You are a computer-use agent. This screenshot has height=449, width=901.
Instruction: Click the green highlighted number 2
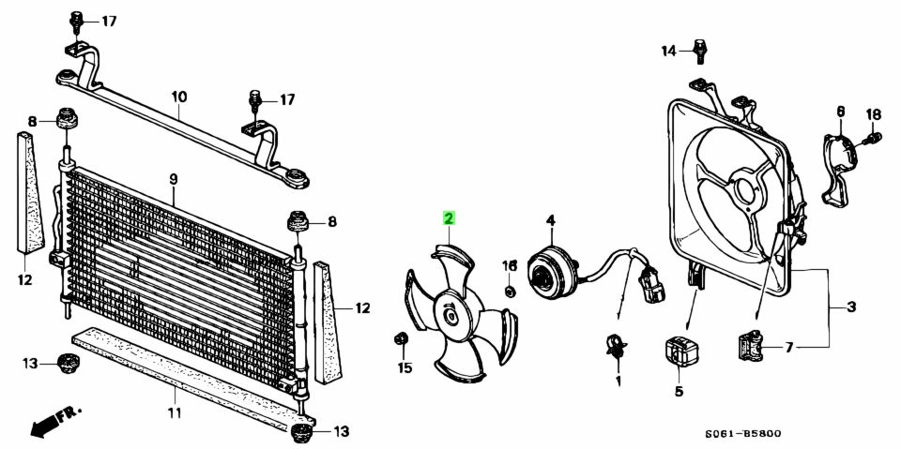[x=449, y=218]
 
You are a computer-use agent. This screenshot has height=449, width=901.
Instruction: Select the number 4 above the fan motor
[x=551, y=220]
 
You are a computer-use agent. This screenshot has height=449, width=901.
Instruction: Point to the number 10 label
[x=179, y=97]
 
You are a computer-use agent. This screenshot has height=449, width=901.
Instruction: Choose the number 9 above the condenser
[x=174, y=180]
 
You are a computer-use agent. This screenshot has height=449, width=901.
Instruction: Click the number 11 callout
[x=175, y=412]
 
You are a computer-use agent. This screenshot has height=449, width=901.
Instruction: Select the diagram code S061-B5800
[x=743, y=434]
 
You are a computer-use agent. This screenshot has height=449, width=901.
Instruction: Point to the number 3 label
[x=851, y=307]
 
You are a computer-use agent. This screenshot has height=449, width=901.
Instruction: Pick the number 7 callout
[x=789, y=348]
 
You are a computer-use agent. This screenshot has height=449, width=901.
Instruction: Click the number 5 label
[x=679, y=392]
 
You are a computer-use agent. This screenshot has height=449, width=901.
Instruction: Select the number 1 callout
[x=618, y=382]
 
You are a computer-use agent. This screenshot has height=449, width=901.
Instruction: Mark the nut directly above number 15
[x=401, y=338]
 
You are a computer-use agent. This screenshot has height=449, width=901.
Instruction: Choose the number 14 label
[x=668, y=52]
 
